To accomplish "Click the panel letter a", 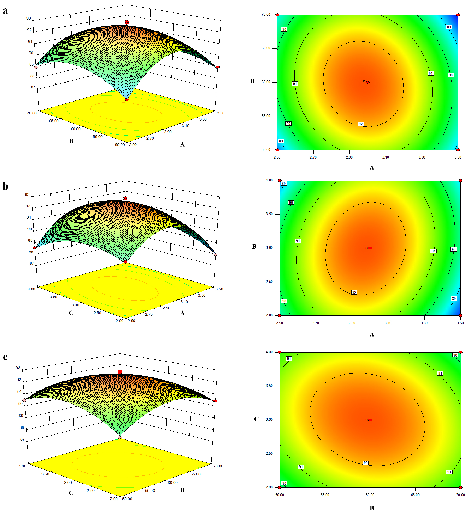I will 5,11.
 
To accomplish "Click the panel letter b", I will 5,187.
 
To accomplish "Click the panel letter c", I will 5,357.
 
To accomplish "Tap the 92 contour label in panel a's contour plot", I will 360,124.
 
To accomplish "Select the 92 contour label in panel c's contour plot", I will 365,463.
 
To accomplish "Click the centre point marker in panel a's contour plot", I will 368,82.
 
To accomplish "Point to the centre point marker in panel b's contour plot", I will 370,248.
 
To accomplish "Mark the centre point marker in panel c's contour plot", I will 370,420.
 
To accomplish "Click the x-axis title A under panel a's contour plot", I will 372,167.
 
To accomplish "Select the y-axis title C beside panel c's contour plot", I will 256,419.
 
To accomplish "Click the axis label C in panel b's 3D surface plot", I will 71,313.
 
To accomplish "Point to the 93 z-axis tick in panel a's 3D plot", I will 28,18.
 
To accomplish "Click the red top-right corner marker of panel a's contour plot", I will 458,15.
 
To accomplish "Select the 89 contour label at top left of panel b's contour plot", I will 284,184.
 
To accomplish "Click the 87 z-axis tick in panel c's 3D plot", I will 23,439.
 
